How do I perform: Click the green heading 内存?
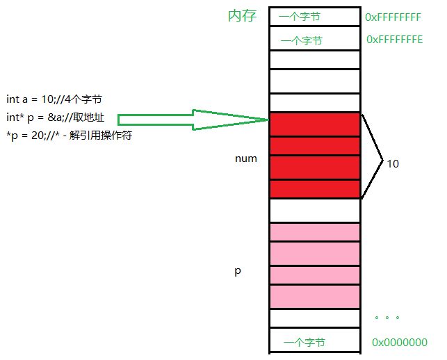coord(242,16)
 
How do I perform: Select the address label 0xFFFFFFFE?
coord(394,40)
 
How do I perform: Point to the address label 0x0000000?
coord(399,342)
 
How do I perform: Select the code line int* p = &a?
coord(55,117)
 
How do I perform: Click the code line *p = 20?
coord(68,135)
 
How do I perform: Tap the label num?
coord(246,158)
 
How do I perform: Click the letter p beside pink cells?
coord(237,271)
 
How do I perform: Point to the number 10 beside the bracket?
coord(393,164)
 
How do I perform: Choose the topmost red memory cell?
coord(314,124)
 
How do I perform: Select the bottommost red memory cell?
coord(314,189)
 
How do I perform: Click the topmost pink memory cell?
coord(314,232)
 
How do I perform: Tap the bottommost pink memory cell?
coord(314,297)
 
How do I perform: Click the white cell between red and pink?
coord(314,210)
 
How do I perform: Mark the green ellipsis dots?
coord(387,318)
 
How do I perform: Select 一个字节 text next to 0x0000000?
coord(304,342)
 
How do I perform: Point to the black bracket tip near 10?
coord(382,162)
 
